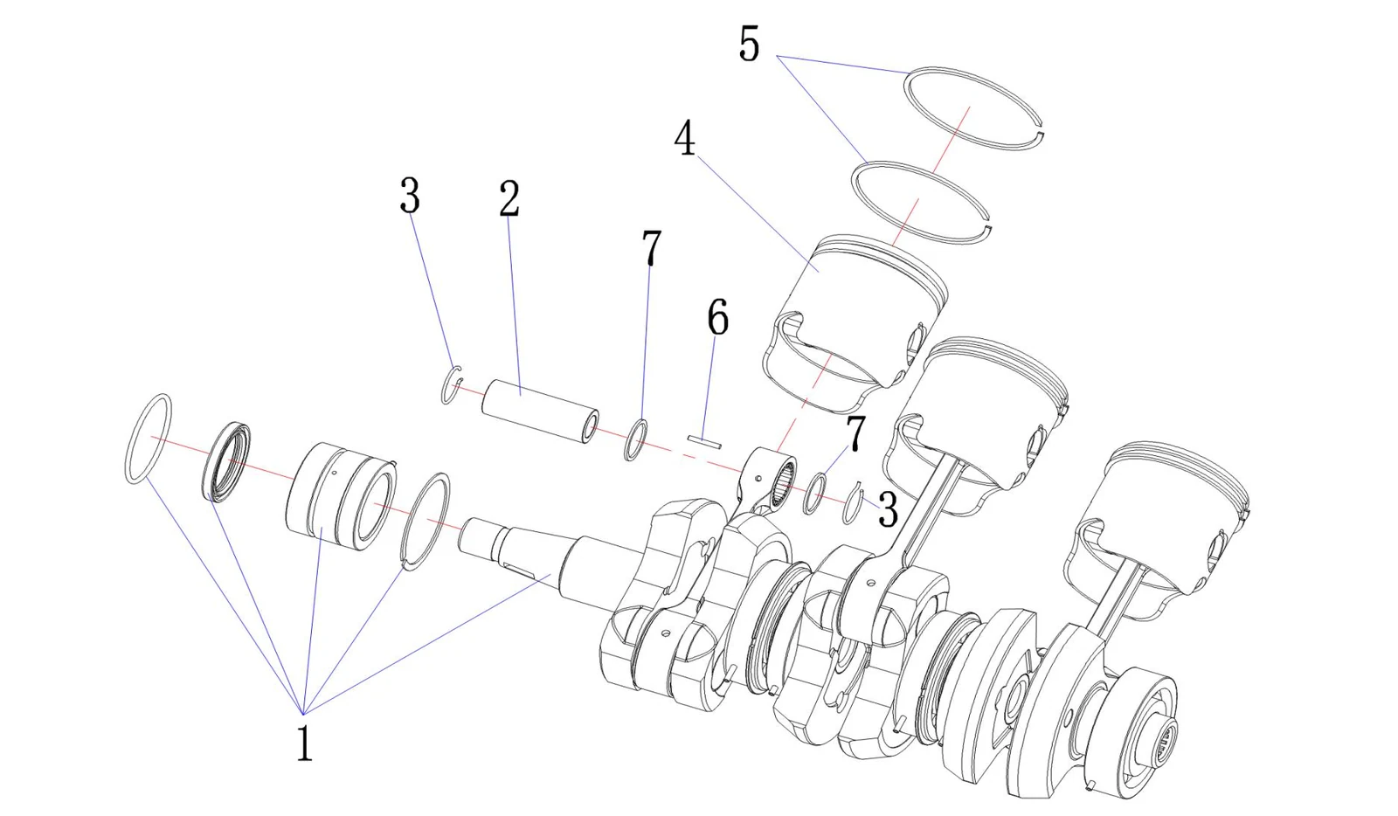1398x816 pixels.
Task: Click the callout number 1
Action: click(x=305, y=743)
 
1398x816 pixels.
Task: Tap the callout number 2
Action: click(x=509, y=198)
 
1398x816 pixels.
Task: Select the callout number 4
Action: click(x=685, y=139)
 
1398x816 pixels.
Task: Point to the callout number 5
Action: click(x=749, y=44)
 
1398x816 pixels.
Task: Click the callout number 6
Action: click(x=717, y=317)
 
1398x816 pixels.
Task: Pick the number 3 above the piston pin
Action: click(x=410, y=196)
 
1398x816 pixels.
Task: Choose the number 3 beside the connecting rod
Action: click(x=888, y=509)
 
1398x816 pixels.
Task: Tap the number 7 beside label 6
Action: click(x=651, y=247)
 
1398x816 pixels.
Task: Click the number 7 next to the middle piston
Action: click(x=855, y=433)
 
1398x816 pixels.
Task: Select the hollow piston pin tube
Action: click(x=541, y=411)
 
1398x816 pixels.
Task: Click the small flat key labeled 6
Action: click(x=704, y=442)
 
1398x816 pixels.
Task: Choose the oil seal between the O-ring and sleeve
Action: click(x=226, y=461)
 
